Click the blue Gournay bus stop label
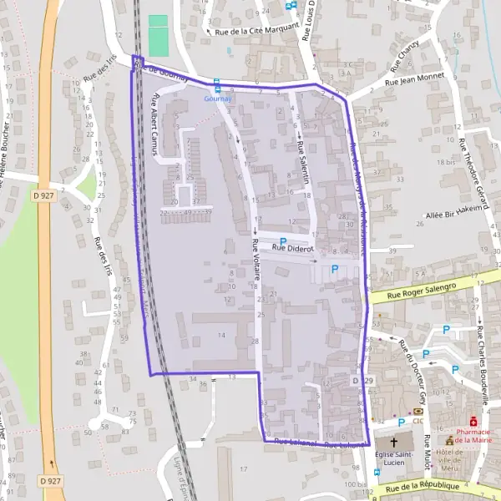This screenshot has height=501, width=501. tap(217, 98)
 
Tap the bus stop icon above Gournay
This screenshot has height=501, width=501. tap(217, 84)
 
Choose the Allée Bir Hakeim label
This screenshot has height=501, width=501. tap(456, 210)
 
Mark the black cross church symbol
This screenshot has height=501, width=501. tap(394, 440)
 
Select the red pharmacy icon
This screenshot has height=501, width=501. tap(473, 422)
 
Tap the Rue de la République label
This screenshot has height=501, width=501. tap(421, 485)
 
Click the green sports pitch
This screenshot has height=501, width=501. tap(158, 34)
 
